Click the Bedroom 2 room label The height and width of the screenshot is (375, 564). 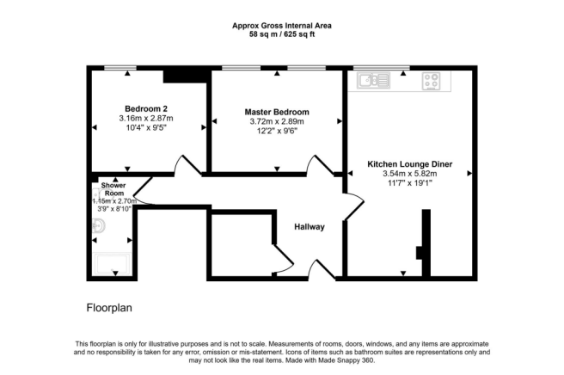(x=146, y=108)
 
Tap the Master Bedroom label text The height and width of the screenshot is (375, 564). (x=277, y=112)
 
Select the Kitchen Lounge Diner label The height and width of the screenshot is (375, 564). (x=410, y=164)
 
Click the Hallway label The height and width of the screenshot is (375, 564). (x=310, y=227)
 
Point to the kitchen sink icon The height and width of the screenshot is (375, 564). (x=373, y=80)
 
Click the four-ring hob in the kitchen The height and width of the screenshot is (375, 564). (x=431, y=81)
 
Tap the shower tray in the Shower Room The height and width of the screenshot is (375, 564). (x=113, y=264)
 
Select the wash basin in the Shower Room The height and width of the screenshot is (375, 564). (x=98, y=226)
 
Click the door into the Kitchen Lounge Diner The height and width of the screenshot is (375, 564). (x=354, y=206)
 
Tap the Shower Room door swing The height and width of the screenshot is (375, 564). (x=143, y=191)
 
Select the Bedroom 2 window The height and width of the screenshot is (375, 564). (x=120, y=68)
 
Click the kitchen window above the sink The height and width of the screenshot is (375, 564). (x=381, y=68)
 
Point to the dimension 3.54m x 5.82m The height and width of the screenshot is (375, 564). (x=410, y=174)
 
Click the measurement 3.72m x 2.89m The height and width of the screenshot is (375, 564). (x=277, y=121)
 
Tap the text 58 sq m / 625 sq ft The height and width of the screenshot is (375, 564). (x=282, y=34)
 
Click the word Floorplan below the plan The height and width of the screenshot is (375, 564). (x=109, y=308)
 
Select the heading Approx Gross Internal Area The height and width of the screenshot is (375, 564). (x=282, y=26)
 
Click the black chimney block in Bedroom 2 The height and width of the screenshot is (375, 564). (x=187, y=75)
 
